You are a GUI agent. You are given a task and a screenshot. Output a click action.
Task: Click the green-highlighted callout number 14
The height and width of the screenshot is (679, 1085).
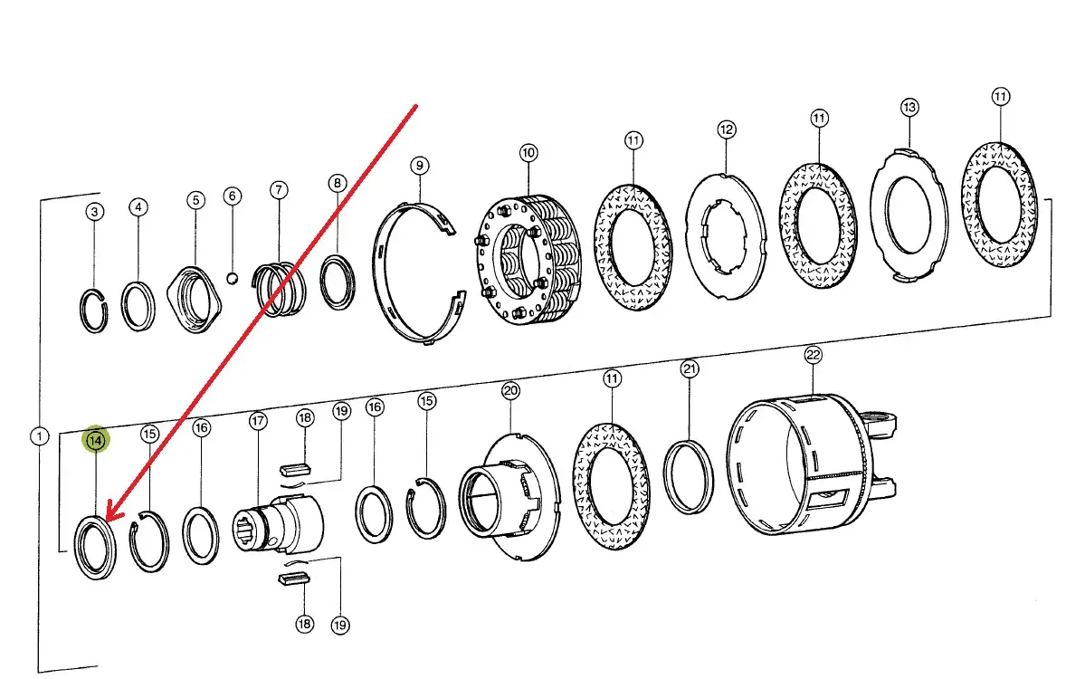[x=96, y=439]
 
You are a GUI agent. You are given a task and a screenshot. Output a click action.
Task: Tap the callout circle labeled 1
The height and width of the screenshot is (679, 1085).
[x=40, y=436]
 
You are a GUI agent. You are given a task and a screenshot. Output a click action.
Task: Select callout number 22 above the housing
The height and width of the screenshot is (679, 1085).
[x=813, y=355]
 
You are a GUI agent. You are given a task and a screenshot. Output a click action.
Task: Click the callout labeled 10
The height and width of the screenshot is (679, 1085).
[x=528, y=153]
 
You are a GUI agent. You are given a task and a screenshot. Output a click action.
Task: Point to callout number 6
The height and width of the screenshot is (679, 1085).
[x=233, y=196]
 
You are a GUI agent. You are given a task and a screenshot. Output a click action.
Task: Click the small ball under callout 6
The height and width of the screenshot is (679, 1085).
[x=233, y=278]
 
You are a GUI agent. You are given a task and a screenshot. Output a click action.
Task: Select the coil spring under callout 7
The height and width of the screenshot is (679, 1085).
[x=279, y=286]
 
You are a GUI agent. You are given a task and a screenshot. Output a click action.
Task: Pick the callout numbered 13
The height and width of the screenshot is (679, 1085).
[x=909, y=108]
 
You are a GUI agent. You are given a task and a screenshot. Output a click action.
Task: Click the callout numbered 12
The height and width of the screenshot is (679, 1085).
[x=727, y=129]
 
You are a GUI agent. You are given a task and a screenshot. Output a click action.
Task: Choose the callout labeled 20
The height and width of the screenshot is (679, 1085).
[x=510, y=391]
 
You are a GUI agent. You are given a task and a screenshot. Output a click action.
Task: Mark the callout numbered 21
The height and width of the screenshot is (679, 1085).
[x=690, y=368]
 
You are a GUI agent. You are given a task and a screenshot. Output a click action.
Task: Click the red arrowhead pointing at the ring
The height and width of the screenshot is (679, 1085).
[x=112, y=513]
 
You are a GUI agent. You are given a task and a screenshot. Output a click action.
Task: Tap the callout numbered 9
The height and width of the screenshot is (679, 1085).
[x=419, y=166]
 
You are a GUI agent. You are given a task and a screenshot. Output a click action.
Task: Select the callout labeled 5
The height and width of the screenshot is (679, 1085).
[x=195, y=200]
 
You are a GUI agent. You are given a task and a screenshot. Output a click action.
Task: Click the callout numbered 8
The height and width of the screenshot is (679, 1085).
[x=337, y=183]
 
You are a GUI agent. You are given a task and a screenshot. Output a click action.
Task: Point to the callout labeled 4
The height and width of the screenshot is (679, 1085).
[x=138, y=207]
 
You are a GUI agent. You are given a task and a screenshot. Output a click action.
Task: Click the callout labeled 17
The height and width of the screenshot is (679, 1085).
[x=258, y=421]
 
